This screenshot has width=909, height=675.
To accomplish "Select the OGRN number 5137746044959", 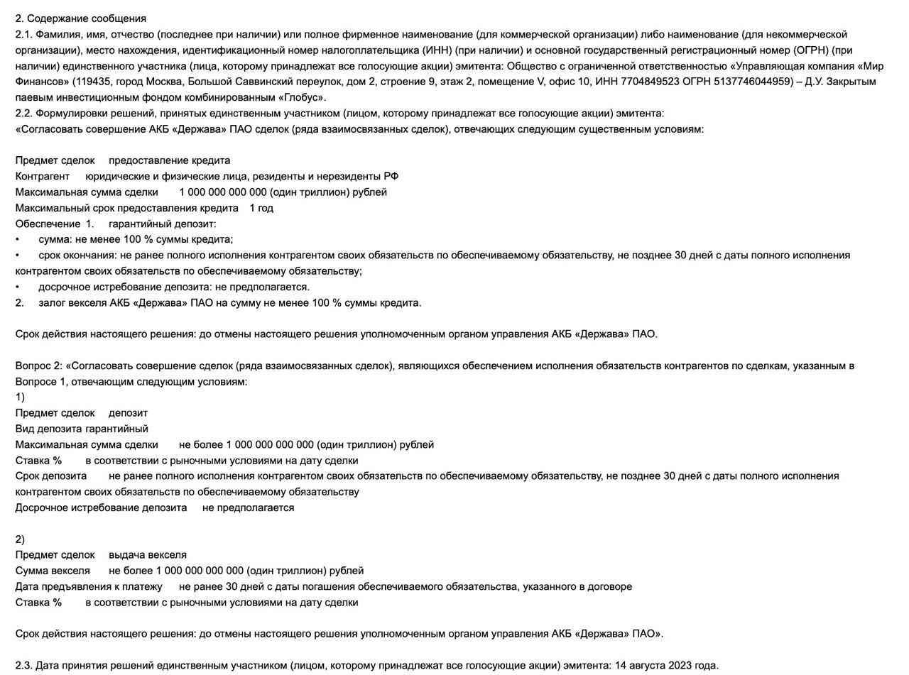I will [756, 82].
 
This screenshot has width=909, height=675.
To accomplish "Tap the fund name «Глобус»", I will [303, 97].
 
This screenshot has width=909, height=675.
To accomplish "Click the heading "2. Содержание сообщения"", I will [80, 18].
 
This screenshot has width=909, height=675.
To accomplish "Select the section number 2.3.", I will [23, 666].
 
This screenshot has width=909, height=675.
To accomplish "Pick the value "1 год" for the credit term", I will [261, 208].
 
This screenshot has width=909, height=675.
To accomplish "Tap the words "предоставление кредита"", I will [169, 160].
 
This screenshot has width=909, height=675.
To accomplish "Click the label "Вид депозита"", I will [48, 429].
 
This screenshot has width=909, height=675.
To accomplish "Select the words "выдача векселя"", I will [147, 555].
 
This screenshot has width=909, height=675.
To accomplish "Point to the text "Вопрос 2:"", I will [38, 366].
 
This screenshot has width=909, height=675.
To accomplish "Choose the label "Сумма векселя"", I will [53, 571].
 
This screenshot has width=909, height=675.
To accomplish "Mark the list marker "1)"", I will [20, 397].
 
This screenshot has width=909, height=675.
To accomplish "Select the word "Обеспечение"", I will [48, 224].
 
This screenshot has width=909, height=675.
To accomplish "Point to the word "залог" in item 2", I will [51, 303].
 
